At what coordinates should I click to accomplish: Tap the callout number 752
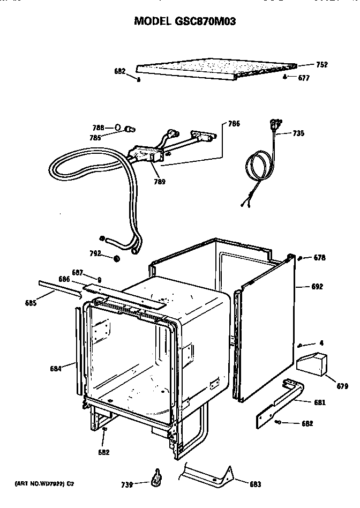click(321, 65)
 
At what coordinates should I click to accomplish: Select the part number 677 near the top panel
click(304, 78)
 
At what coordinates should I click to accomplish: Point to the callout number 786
click(234, 124)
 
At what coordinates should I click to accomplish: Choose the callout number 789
click(159, 182)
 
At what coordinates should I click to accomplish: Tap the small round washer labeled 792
click(116, 259)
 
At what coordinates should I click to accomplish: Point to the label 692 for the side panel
click(317, 287)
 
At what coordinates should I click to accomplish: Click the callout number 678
click(319, 258)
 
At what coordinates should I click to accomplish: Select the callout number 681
click(319, 402)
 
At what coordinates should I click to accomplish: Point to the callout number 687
click(78, 272)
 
